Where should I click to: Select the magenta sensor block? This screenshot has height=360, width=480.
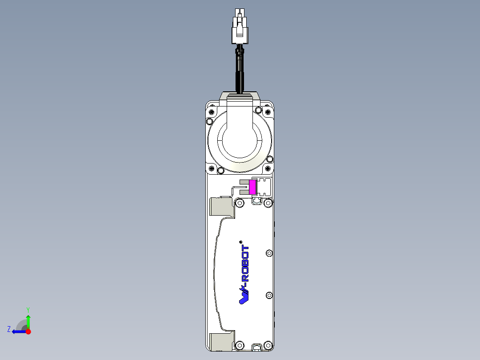point(252,187)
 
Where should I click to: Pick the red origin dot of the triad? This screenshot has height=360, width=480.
point(28,331)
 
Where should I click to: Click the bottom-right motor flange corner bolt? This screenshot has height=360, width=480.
point(268,168)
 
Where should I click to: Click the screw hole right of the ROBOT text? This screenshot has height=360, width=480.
point(268,253)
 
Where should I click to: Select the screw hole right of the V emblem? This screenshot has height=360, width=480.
point(268,295)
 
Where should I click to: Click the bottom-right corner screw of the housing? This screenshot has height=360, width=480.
point(268,345)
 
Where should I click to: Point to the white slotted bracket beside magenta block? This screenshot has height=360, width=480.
point(264,187)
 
